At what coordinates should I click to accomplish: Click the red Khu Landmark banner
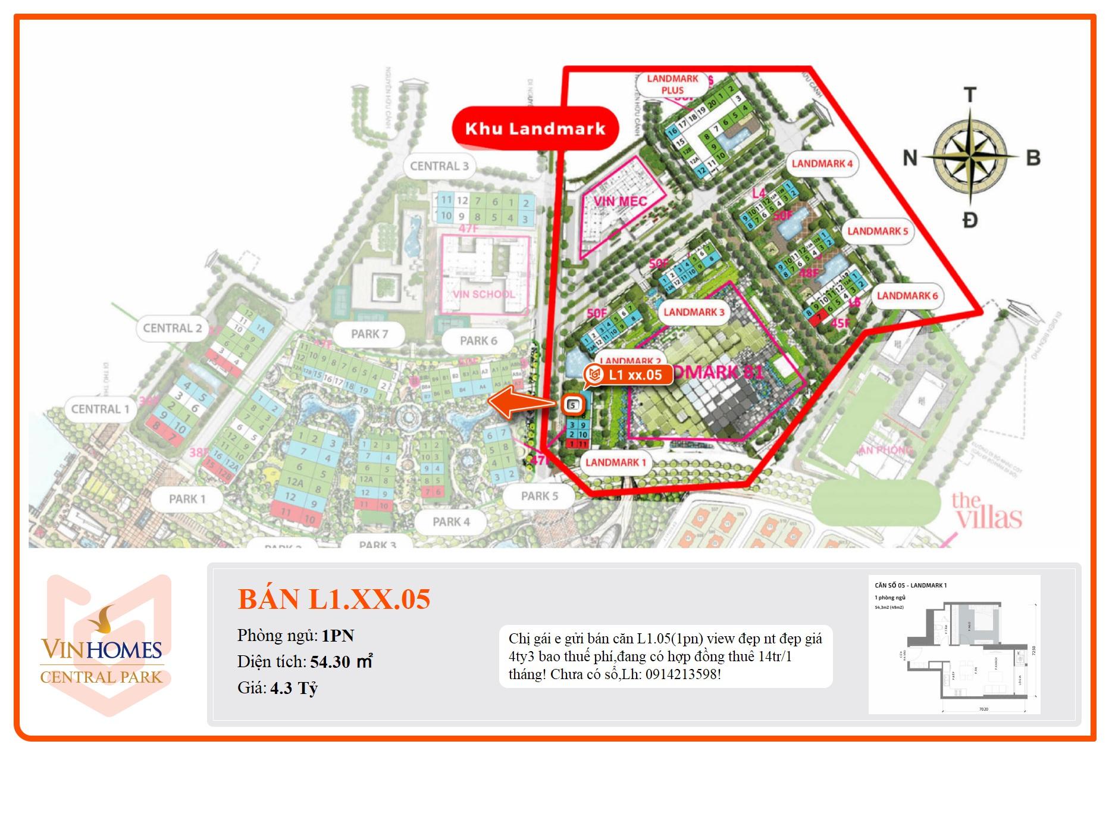(x=535, y=129)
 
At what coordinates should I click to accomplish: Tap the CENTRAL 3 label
(x=439, y=166)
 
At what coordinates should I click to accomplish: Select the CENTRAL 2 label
(x=173, y=328)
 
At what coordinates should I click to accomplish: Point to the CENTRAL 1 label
(x=100, y=409)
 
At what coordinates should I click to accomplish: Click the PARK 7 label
(x=369, y=334)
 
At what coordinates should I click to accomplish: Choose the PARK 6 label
(x=478, y=341)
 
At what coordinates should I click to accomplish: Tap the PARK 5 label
(x=539, y=496)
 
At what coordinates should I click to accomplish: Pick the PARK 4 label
(x=451, y=522)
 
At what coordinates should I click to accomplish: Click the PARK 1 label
(x=187, y=499)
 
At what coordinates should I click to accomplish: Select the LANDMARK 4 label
(x=822, y=164)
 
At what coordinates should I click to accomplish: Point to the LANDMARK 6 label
(x=907, y=296)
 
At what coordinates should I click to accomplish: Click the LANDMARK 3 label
(x=694, y=312)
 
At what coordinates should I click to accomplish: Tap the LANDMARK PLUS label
(x=672, y=85)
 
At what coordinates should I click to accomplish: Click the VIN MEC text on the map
(x=620, y=201)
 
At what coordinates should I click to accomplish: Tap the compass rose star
(x=970, y=157)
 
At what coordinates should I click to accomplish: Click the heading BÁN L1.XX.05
(x=334, y=599)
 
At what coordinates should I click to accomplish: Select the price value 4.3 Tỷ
(x=294, y=688)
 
